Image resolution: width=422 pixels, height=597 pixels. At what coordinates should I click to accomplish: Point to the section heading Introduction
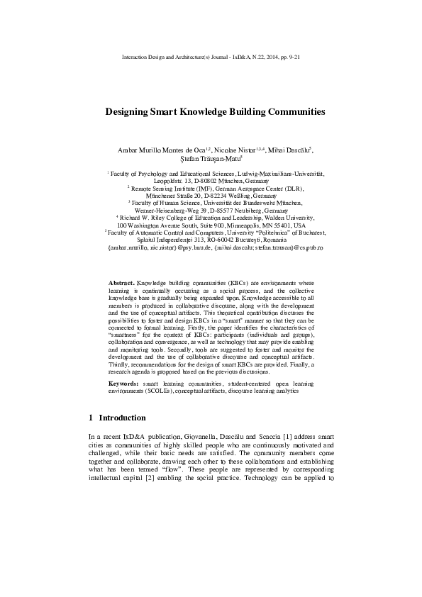coord(122,418)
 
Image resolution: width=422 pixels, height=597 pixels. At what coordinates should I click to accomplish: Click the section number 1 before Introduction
coord(91,418)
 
